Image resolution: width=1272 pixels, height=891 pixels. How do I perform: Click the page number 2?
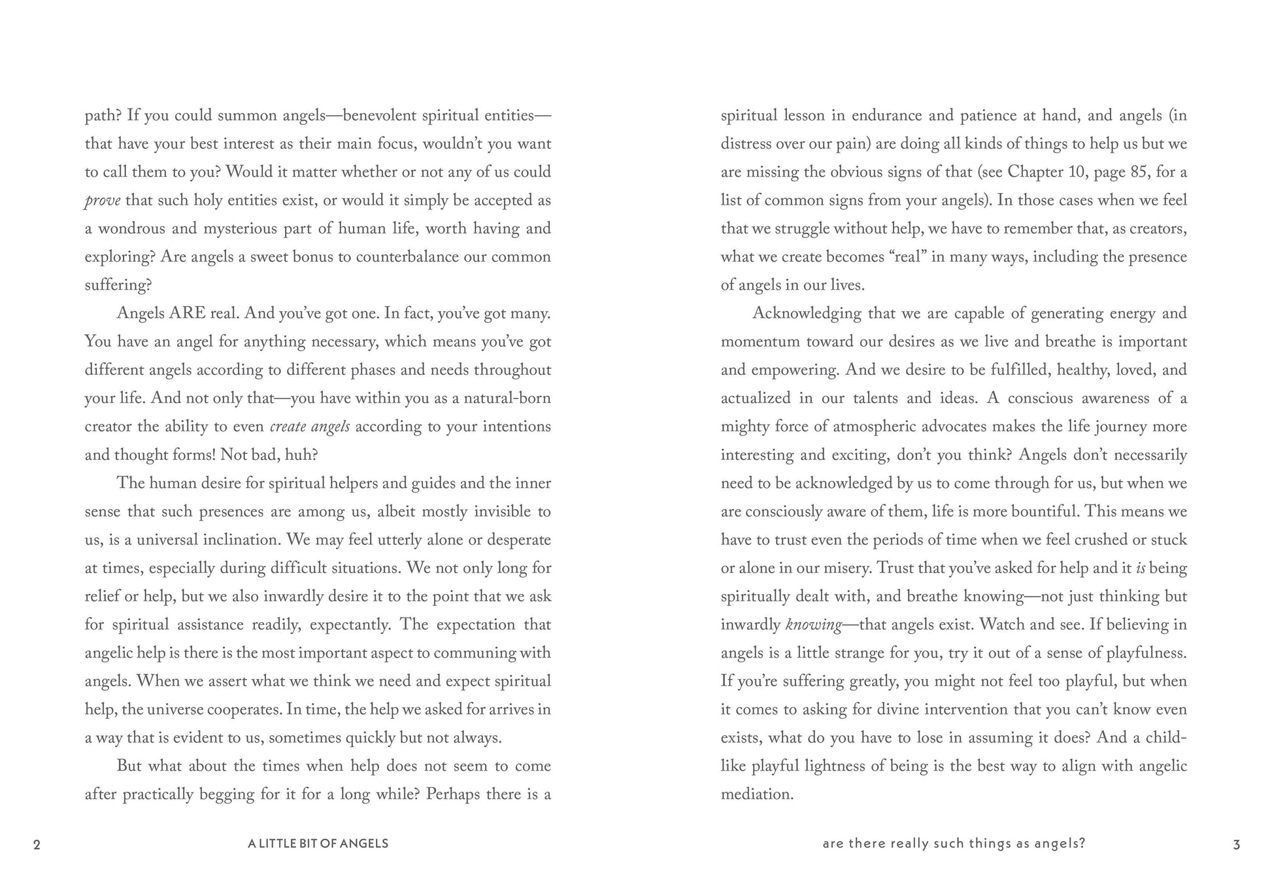click(x=37, y=845)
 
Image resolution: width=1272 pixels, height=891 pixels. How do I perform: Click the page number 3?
click(x=1236, y=845)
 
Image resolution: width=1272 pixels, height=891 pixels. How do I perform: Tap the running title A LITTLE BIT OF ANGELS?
click(x=318, y=844)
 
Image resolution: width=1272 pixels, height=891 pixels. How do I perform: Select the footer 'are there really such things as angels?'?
click(x=954, y=844)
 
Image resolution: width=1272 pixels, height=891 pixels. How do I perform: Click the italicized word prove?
click(x=102, y=201)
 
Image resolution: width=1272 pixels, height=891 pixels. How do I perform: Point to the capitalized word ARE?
click(x=187, y=313)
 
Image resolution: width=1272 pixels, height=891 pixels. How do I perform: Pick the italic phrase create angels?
click(x=310, y=427)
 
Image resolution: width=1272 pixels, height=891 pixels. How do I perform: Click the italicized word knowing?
click(x=813, y=625)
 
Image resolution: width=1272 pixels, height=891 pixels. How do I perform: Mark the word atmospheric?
click(x=870, y=427)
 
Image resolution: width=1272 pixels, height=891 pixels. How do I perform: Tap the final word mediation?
click(x=757, y=794)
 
